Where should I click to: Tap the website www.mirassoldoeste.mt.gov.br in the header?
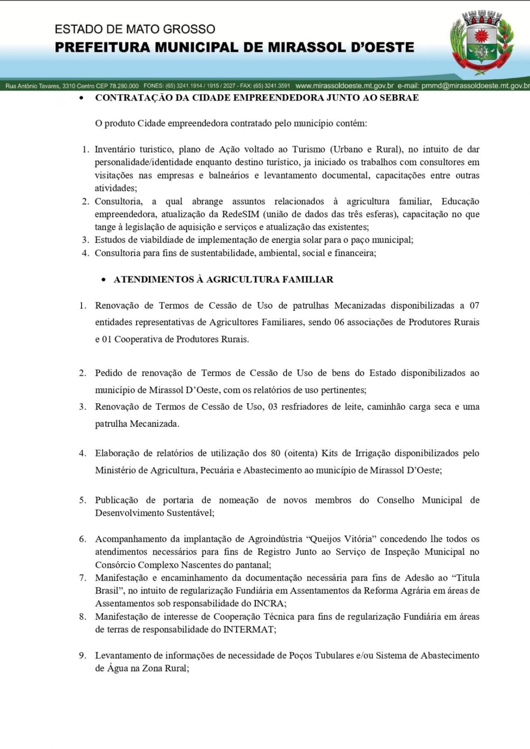[x=344, y=86]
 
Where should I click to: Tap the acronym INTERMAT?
[x=249, y=629]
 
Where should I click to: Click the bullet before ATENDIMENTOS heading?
[x=104, y=280]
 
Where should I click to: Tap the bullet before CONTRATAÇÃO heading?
[x=82, y=99]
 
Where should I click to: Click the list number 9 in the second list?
[x=82, y=655]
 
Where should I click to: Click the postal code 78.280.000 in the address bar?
[x=124, y=86]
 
